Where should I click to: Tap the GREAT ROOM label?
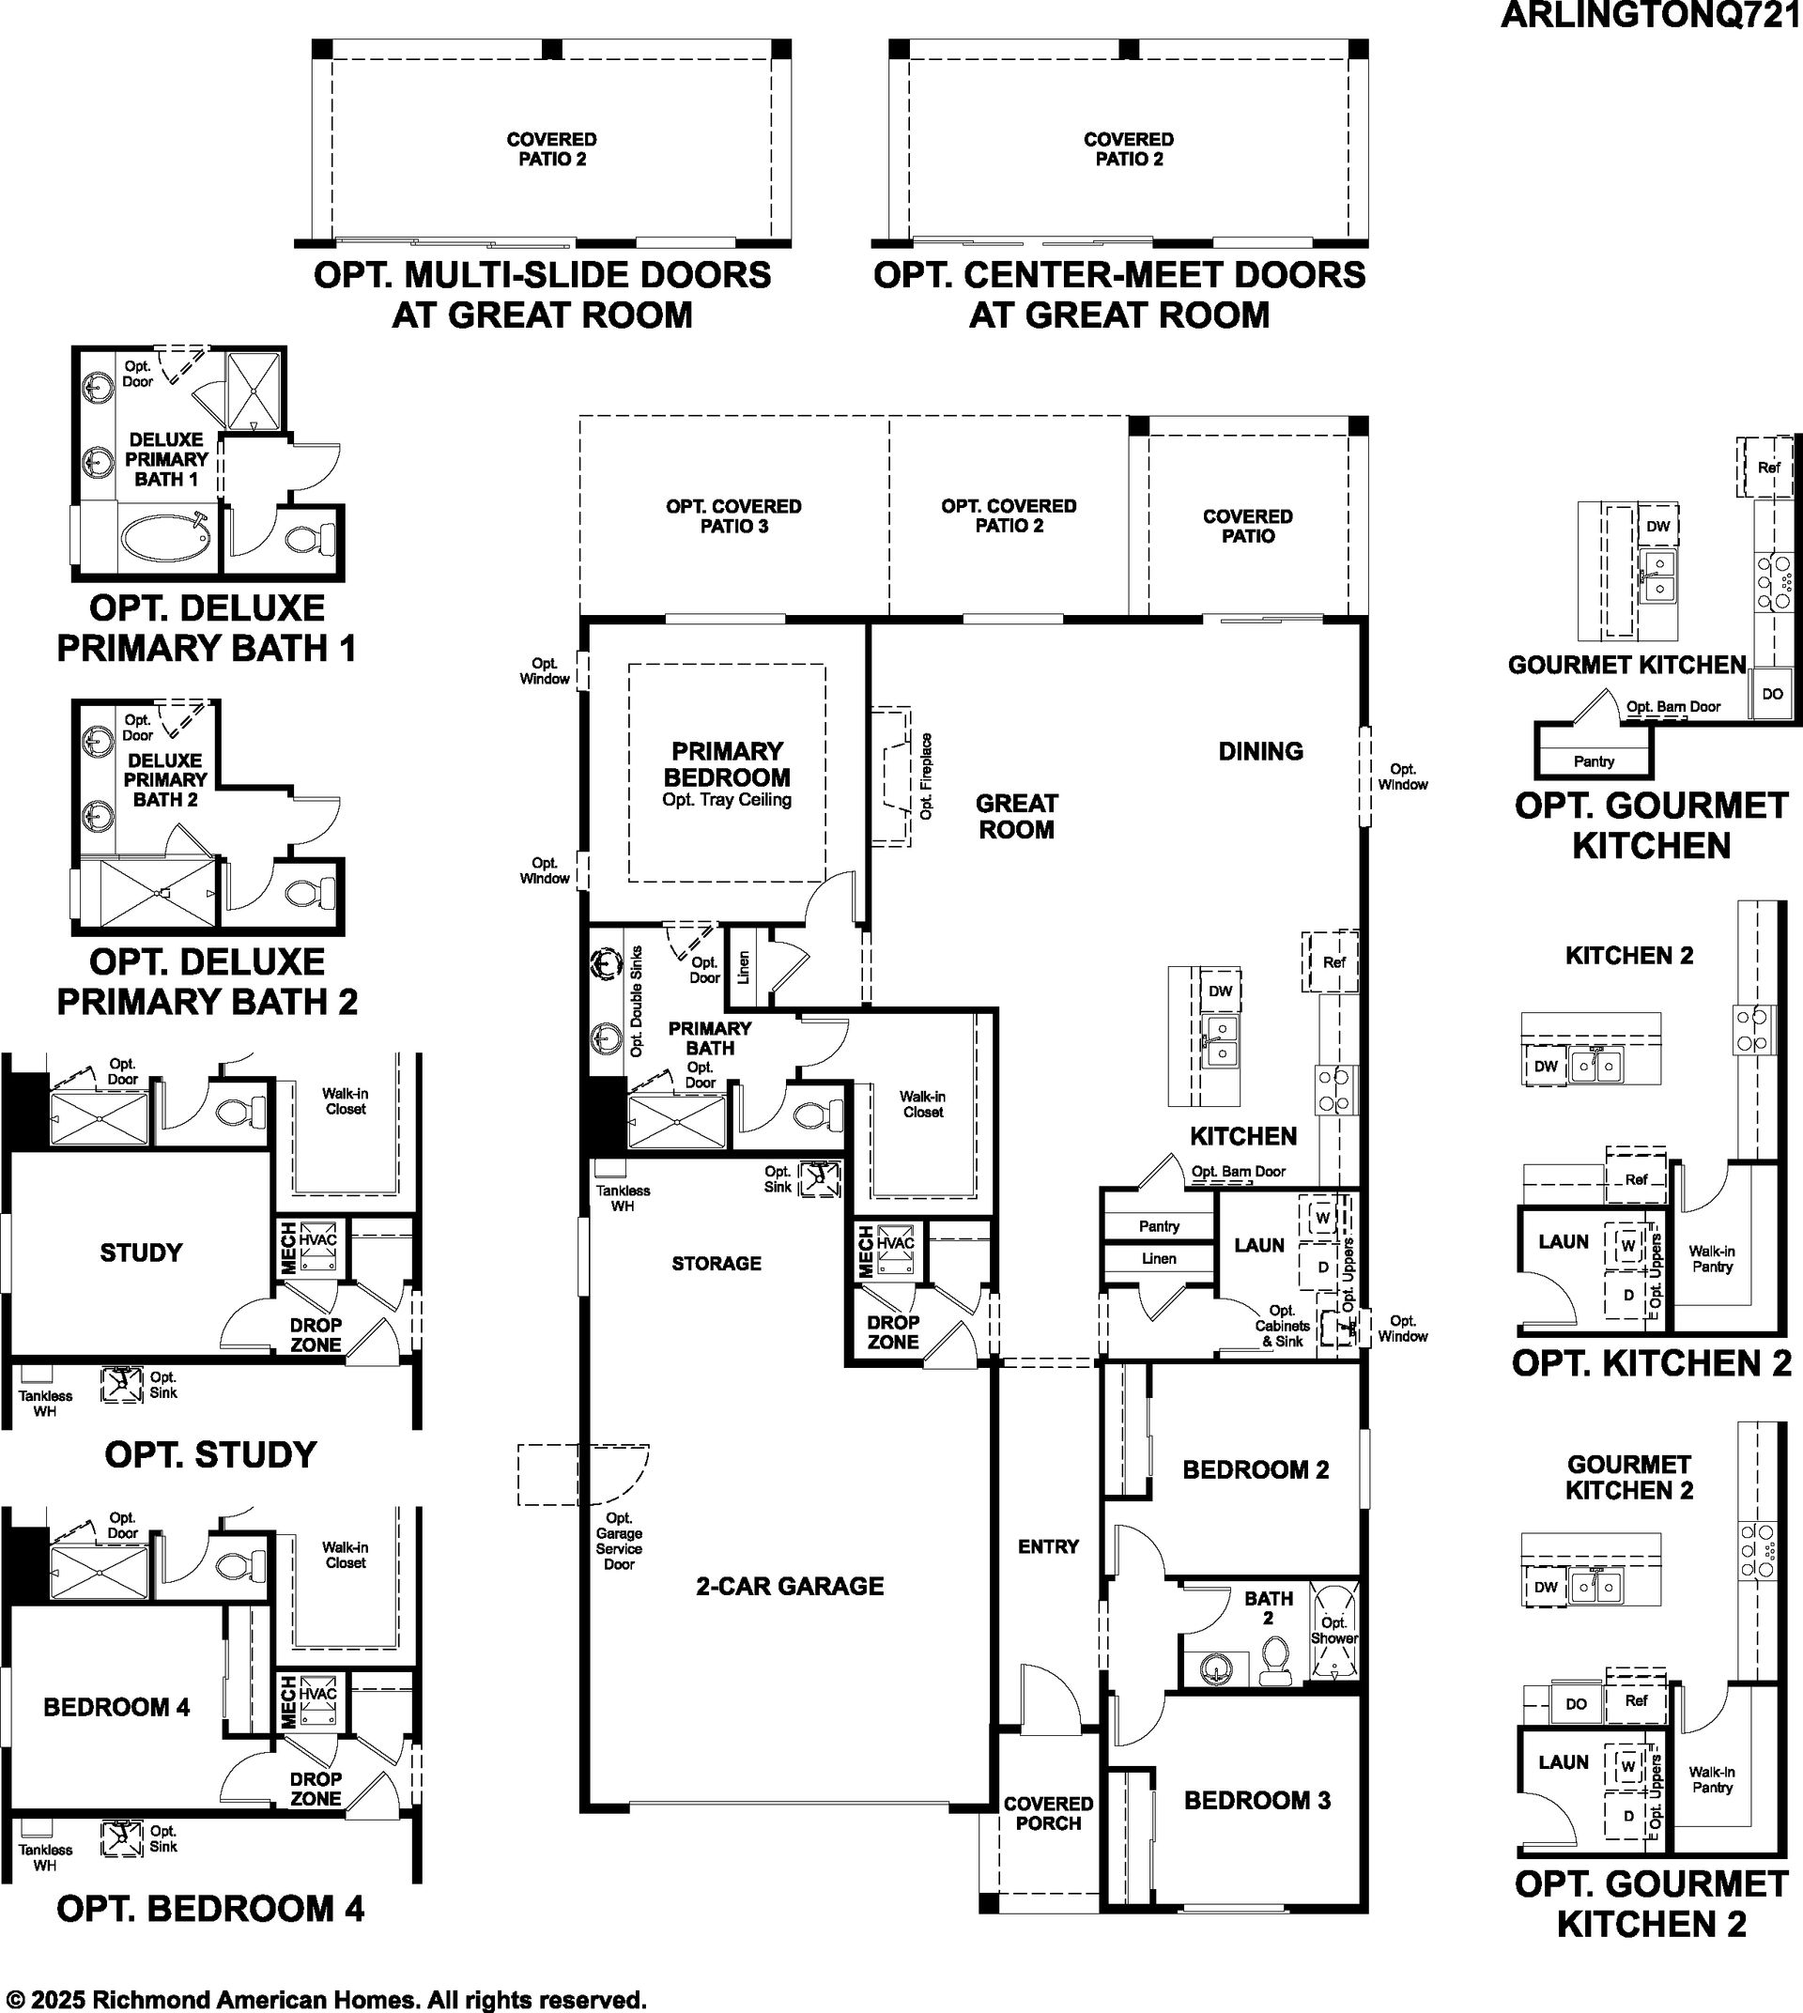click(x=1016, y=816)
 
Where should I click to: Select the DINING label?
click(x=1260, y=751)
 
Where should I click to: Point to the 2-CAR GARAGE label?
click(x=790, y=1586)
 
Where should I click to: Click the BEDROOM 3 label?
click(x=1257, y=1800)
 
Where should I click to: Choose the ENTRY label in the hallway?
click(x=1048, y=1546)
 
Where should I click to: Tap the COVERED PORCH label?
click(x=1048, y=1813)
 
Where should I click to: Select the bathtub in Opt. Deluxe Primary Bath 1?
click(x=165, y=538)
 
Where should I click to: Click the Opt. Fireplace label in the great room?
click(x=926, y=776)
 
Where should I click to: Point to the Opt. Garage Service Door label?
click(x=619, y=1541)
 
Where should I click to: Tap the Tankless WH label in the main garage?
click(x=623, y=1198)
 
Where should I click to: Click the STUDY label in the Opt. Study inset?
click(x=141, y=1252)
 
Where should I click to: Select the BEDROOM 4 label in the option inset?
click(x=116, y=1706)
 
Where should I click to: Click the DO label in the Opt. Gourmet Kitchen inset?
click(x=1772, y=694)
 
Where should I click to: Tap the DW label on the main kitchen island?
click(x=1221, y=991)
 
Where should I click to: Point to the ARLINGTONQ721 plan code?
click(x=1651, y=15)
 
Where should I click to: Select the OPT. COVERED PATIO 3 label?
click(x=734, y=516)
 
